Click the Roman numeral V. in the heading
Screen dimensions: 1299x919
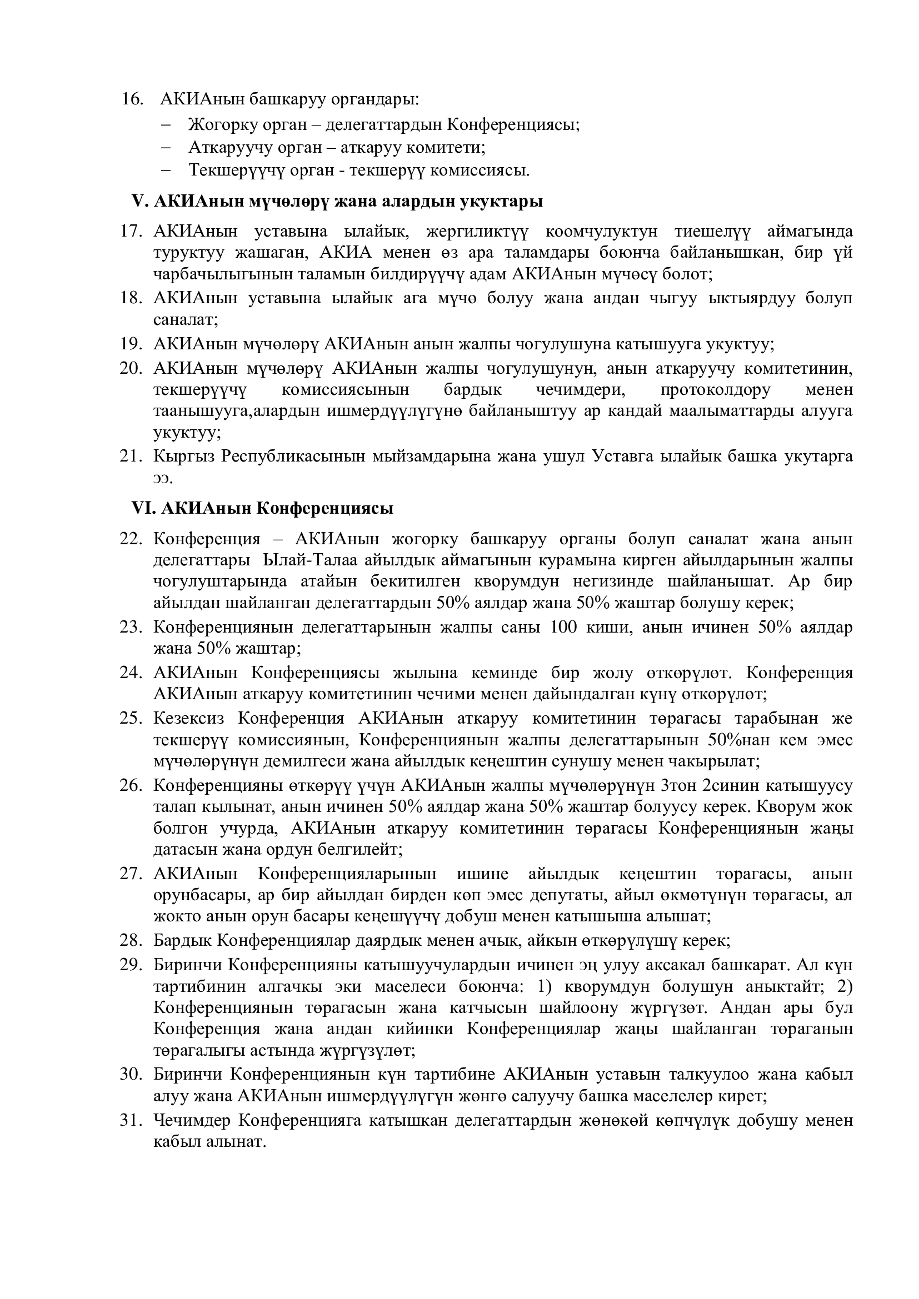[139, 202]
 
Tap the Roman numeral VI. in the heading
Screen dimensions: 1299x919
[143, 508]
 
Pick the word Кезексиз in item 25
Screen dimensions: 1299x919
[188, 719]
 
